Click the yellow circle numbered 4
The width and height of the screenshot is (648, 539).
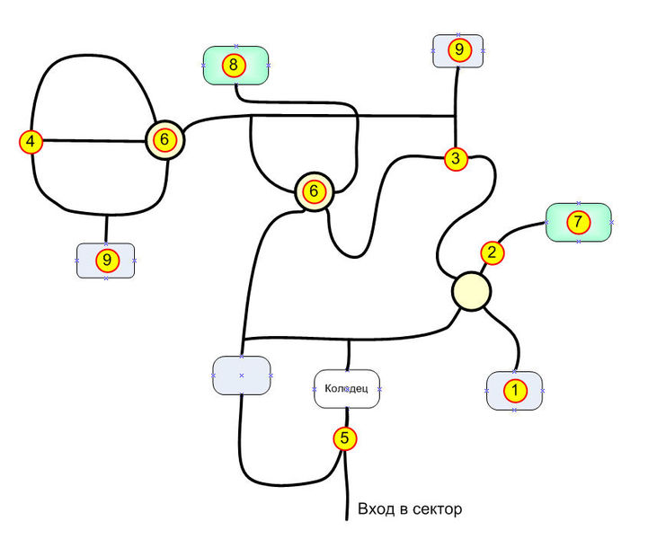31,141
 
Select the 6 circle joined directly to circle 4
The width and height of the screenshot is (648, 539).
164,139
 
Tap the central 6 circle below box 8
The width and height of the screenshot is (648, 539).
314,191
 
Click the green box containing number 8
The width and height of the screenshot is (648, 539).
235,66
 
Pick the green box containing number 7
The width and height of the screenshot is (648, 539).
579,221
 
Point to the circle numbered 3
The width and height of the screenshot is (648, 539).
457,160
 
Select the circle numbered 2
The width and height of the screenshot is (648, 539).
492,252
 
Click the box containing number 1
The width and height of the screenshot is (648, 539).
514,391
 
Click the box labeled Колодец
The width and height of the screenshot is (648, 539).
347,389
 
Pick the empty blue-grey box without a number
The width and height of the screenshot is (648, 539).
241,375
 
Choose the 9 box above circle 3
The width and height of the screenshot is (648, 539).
458,51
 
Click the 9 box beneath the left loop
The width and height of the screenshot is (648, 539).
106,261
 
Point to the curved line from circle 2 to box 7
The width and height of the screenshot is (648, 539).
521,230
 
